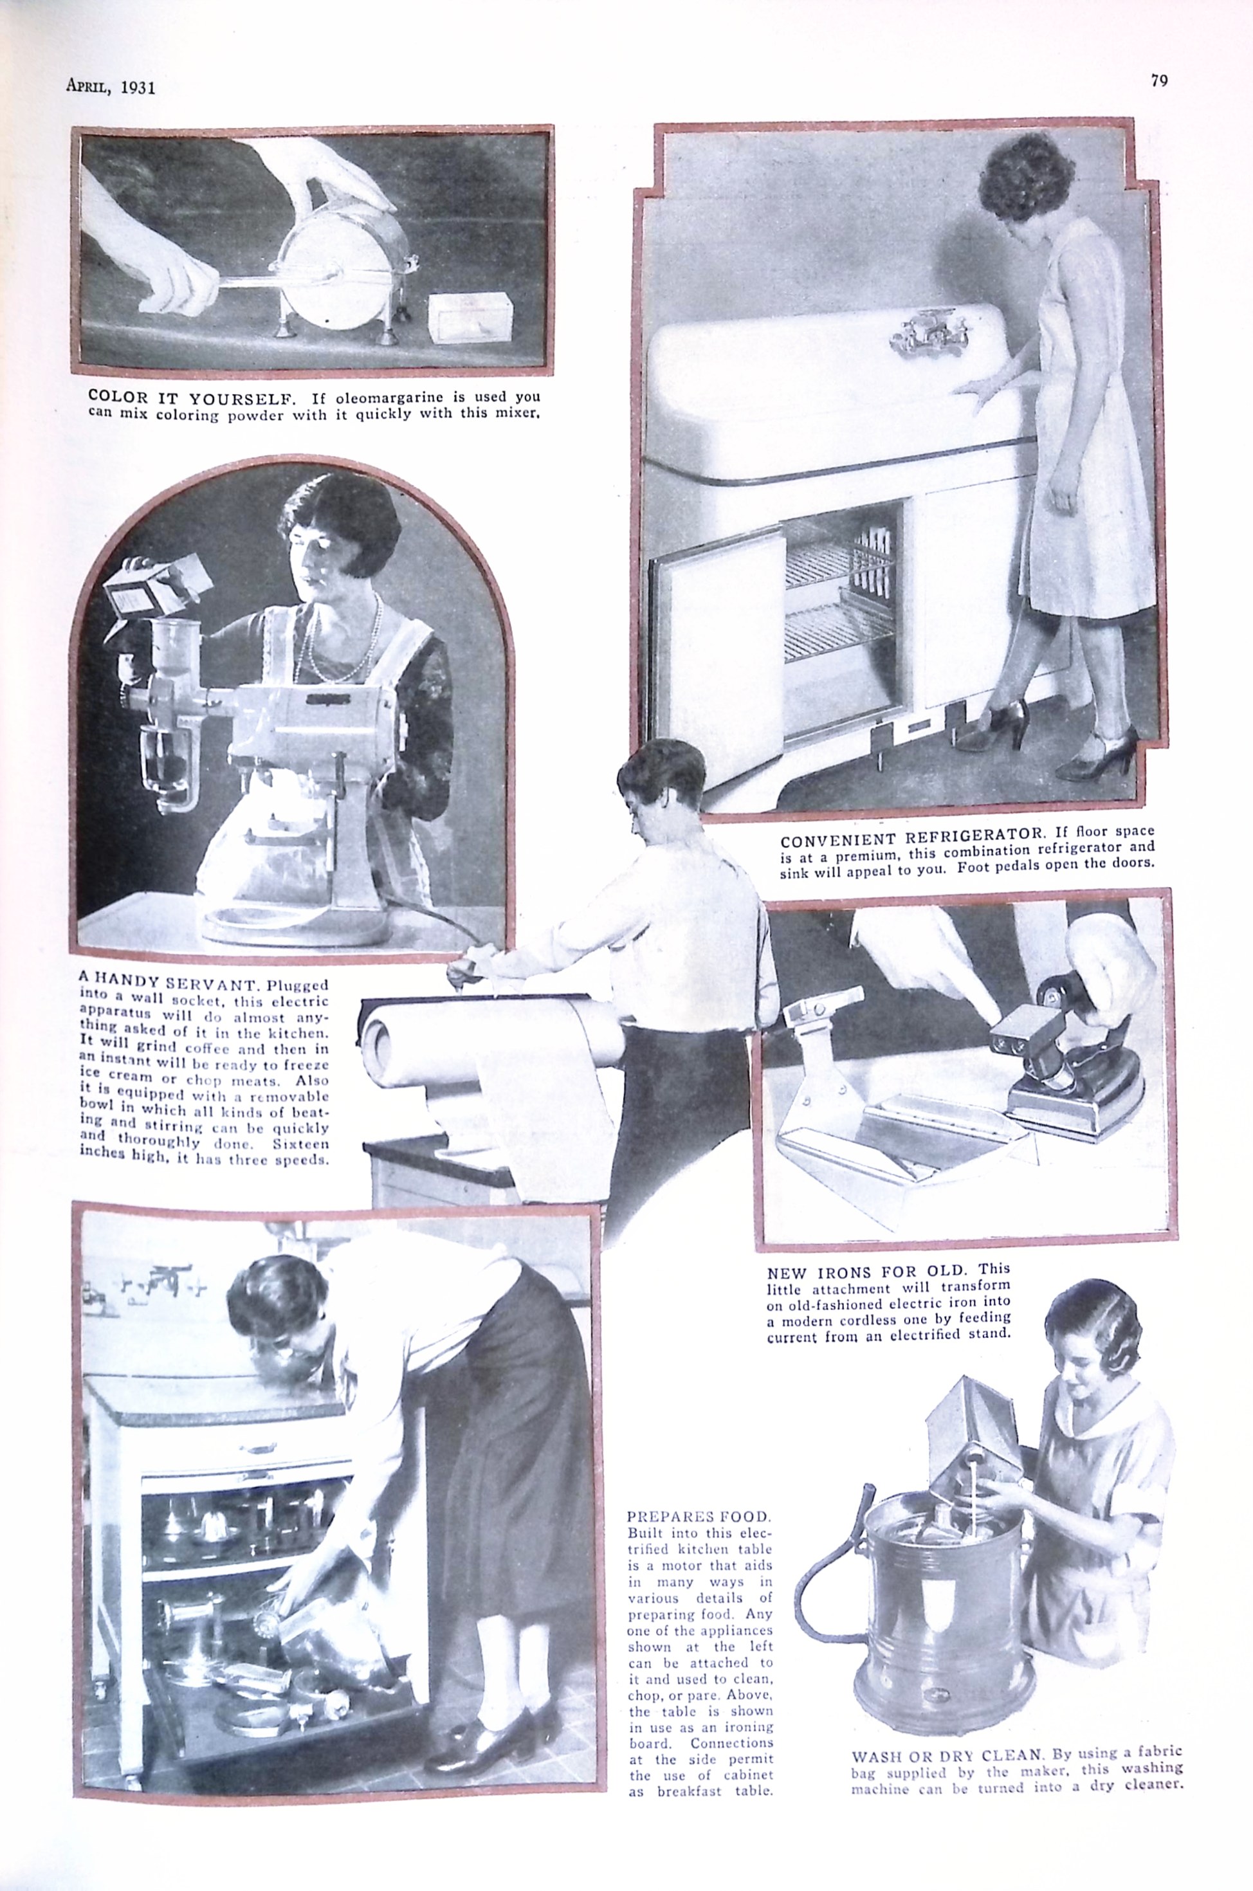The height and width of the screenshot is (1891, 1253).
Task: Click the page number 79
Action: pyautogui.click(x=1160, y=80)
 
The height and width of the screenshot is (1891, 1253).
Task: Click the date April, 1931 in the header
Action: pyautogui.click(x=110, y=87)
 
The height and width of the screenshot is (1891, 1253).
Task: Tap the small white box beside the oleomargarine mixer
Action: pyautogui.click(x=469, y=317)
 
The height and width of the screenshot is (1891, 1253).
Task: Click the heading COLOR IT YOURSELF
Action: pyautogui.click(x=190, y=396)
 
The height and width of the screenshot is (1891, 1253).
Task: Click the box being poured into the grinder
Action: pyautogui.click(x=156, y=587)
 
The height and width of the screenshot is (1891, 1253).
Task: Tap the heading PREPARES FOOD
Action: pyautogui.click(x=699, y=1515)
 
